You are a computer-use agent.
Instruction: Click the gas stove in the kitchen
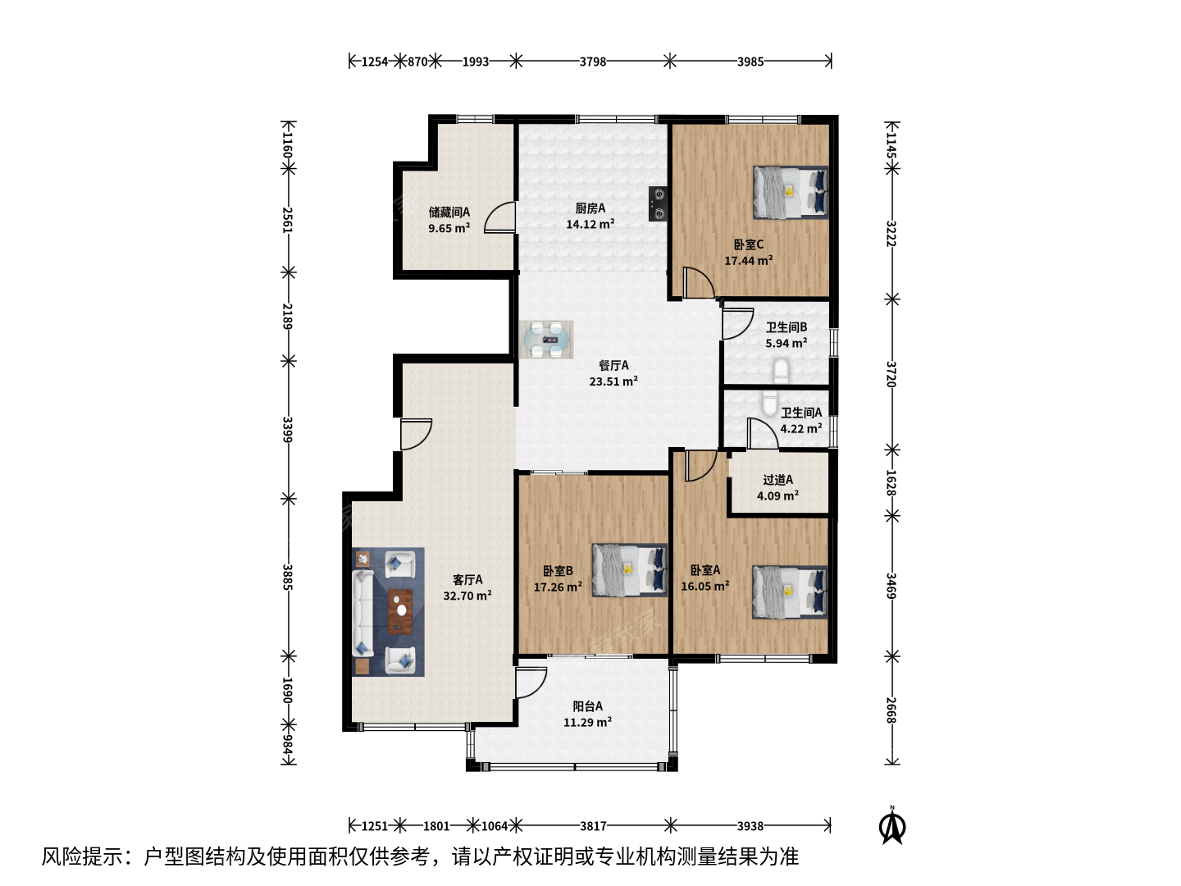tap(658, 204)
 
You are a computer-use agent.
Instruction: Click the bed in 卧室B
tap(630, 570)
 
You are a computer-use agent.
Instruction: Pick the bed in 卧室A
tap(790, 591)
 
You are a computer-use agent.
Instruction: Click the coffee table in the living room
tap(400, 612)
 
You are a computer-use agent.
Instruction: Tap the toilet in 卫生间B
tap(781, 371)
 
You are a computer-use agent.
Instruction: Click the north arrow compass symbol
tap(892, 826)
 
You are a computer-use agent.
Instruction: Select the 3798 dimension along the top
tap(592, 62)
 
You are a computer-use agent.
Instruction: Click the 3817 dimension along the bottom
tap(593, 826)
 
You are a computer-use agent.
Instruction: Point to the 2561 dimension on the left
tap(288, 220)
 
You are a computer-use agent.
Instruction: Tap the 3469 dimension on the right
tap(891, 587)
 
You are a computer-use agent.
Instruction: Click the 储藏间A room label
tap(449, 212)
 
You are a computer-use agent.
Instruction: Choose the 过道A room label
tap(778, 479)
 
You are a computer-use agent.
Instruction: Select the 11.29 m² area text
tap(587, 723)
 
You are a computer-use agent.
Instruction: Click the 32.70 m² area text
tap(467, 596)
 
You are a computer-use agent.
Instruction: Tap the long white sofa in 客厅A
tap(363, 614)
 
